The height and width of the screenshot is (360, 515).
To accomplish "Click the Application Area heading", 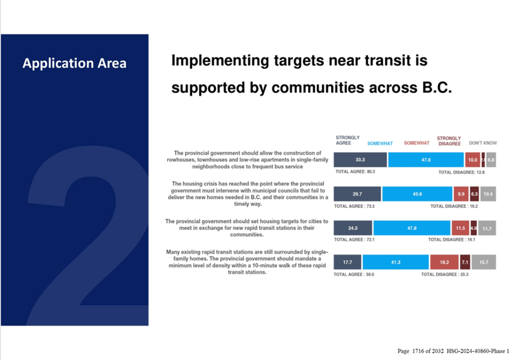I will click(74, 63).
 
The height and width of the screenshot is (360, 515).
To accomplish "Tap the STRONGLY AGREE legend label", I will click(348, 140).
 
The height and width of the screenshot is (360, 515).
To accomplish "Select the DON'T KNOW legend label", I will click(483, 143).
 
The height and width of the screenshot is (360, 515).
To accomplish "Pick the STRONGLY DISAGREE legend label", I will click(449, 141).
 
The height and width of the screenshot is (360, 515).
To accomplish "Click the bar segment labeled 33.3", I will click(360, 159).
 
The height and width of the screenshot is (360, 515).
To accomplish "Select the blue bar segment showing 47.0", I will click(425, 159).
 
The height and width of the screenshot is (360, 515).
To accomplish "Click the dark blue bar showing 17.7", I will click(348, 262).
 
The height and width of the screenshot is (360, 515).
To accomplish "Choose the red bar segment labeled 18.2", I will click(444, 262).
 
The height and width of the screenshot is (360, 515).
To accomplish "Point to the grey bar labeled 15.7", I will click(484, 262).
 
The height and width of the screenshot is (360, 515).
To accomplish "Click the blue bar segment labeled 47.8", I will click(412, 228).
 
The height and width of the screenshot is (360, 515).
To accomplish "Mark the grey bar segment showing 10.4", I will click(488, 194).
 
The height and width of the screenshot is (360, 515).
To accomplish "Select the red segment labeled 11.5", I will click(460, 228).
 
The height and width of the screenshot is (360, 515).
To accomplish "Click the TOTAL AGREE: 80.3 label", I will click(355, 172).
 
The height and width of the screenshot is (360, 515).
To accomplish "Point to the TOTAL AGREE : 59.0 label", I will click(354, 275).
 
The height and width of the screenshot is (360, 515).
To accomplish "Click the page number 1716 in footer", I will click(419, 351).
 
